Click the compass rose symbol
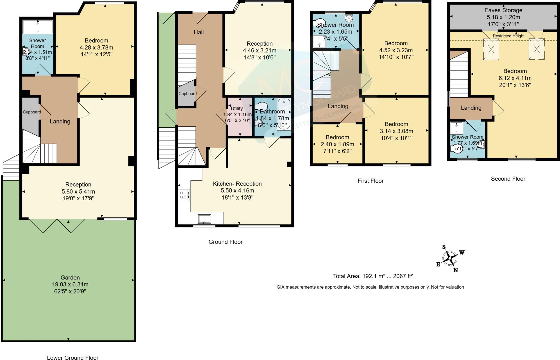click(450, 258)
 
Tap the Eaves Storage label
click(503, 10)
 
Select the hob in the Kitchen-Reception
click(184, 195)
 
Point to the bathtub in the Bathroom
click(284, 114)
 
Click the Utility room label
click(237, 108)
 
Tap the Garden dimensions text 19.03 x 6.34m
click(70, 284)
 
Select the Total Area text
click(372, 276)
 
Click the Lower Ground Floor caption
click(72, 358)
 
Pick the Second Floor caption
click(508, 179)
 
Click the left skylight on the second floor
click(491, 49)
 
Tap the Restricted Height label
click(508, 36)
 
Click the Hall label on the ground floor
click(199, 32)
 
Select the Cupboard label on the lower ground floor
click(32, 112)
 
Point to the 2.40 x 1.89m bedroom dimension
click(337, 144)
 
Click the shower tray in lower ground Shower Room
click(38, 27)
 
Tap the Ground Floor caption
click(225, 242)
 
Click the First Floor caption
click(370, 181)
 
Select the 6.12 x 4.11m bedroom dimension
click(515, 78)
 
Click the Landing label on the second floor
click(471, 108)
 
